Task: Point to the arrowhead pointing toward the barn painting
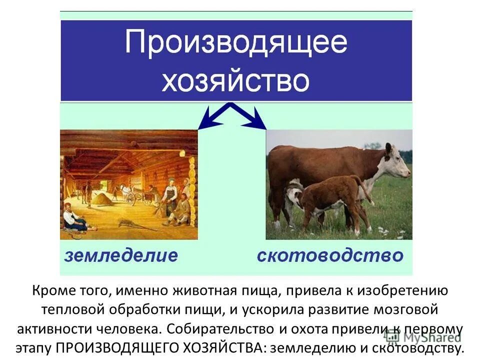(x=204, y=122)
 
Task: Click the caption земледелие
(x=120, y=255)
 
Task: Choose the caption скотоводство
(x=330, y=255)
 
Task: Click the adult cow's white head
(x=397, y=163)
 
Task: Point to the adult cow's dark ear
(x=388, y=148)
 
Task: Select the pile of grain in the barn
(x=102, y=199)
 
